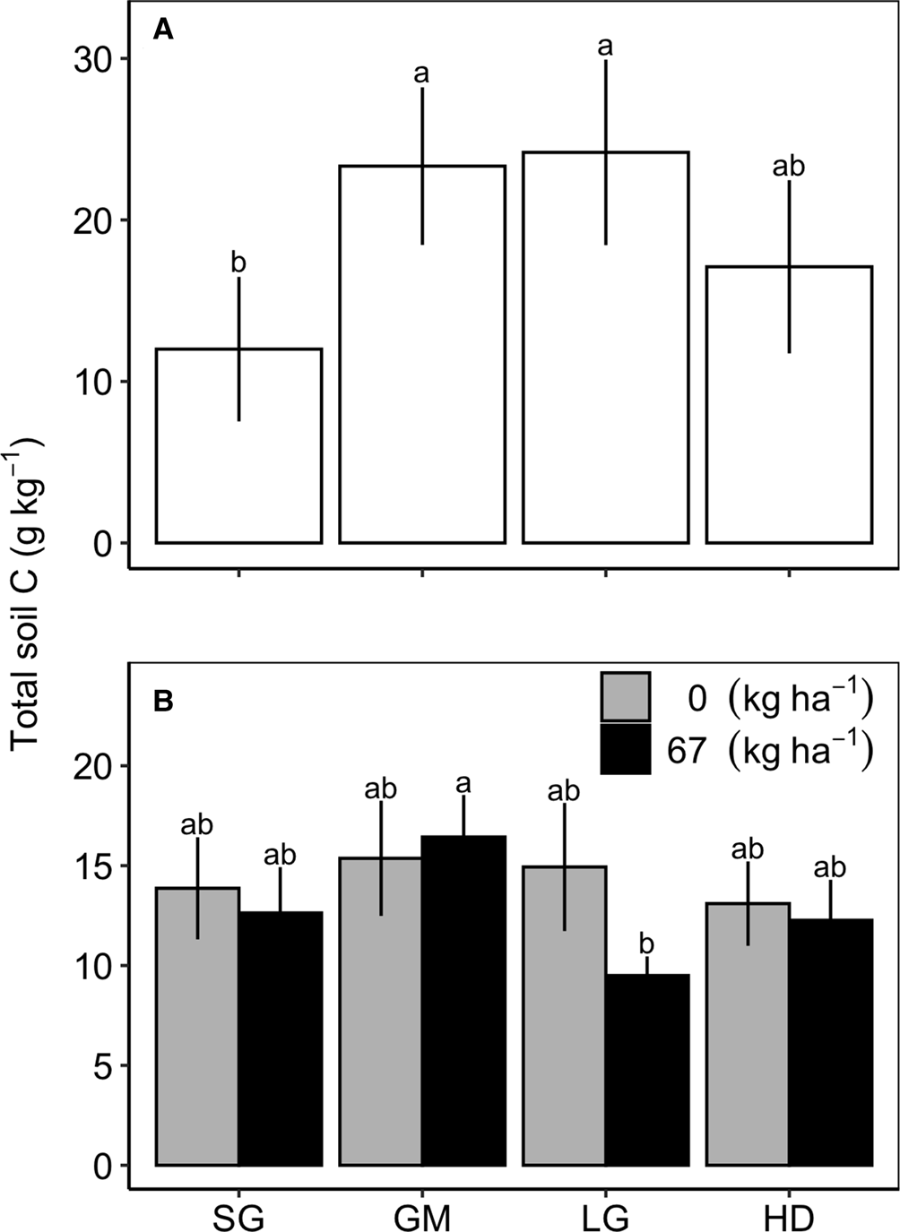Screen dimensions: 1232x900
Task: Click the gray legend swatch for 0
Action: [626, 696]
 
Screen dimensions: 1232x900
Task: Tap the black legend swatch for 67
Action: [626, 748]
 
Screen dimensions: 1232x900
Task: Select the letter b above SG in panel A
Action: [238, 263]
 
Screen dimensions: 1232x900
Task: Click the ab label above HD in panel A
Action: [789, 166]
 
